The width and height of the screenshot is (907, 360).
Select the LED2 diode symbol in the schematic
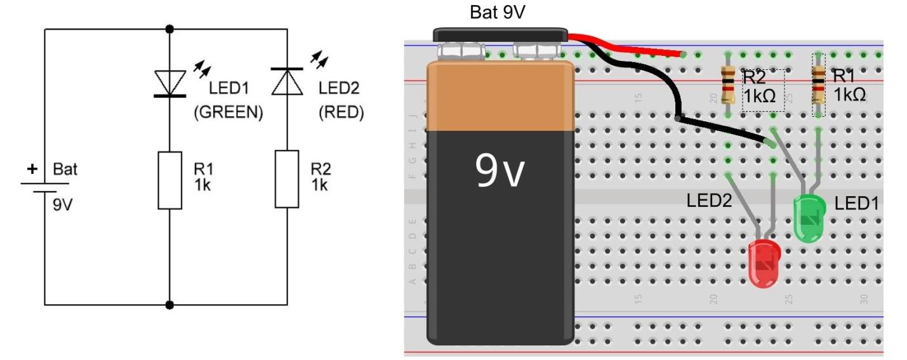coord(287,81)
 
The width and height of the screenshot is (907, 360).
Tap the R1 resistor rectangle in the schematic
coord(170,180)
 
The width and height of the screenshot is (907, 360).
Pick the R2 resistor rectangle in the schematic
coord(287,180)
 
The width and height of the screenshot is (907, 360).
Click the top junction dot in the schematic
coord(169,29)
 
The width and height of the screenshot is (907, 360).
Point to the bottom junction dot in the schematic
coord(169,305)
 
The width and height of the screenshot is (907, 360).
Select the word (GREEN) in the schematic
coord(228,113)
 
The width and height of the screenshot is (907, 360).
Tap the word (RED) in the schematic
coord(341,113)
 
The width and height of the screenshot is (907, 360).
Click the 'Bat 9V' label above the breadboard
coord(498,13)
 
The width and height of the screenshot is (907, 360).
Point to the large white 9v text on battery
coord(500,172)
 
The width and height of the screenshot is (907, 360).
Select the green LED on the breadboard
coord(809,218)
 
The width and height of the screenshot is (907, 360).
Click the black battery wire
coord(673,102)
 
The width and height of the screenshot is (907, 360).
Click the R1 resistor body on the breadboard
coord(819,86)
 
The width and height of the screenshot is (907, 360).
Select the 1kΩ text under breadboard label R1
coord(850,95)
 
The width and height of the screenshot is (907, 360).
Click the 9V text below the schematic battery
coord(63,206)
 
